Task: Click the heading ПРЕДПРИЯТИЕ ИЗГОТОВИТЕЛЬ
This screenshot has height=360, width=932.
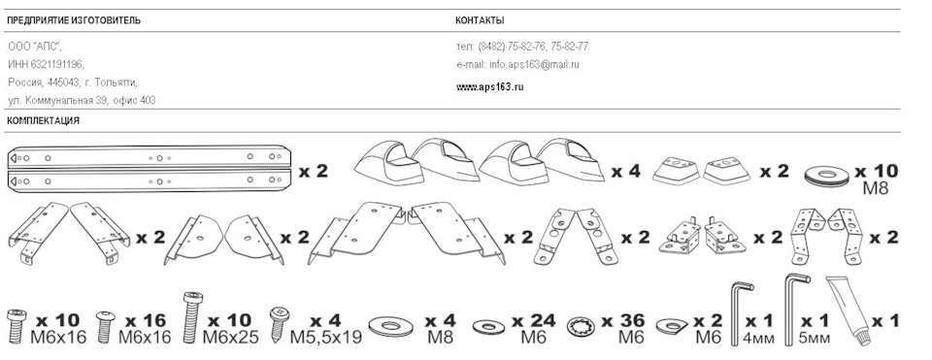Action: coord(74,20)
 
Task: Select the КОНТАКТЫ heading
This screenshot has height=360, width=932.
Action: coord(480,20)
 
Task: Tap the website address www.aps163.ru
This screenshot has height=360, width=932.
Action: coord(489,86)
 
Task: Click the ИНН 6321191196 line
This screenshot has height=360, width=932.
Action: coord(47,64)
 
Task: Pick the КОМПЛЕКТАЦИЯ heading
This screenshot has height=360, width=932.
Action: coord(43,121)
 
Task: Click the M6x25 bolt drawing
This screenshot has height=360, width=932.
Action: coord(190,318)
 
